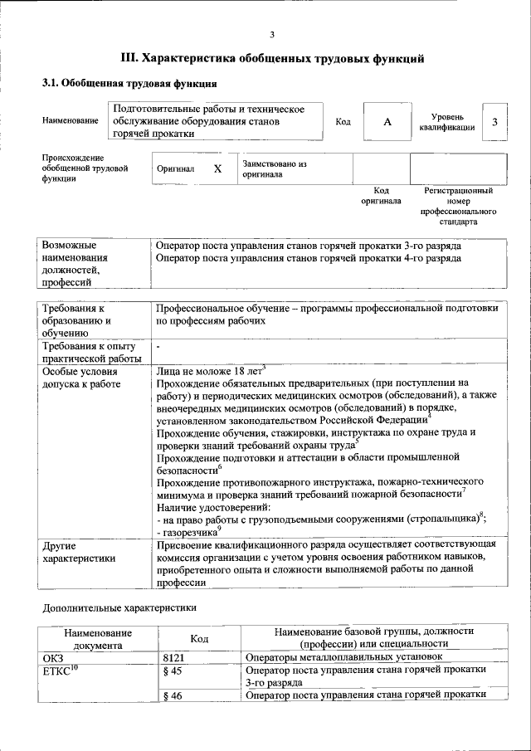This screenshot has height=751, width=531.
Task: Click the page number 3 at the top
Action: (271, 35)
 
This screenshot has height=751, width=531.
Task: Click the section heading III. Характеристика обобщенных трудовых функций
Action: (273, 59)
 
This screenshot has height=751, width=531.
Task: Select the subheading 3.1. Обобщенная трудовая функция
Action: (129, 84)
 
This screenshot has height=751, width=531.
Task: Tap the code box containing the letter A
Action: (387, 122)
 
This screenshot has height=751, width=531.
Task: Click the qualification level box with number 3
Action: (494, 122)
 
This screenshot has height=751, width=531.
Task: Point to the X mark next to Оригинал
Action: (217, 168)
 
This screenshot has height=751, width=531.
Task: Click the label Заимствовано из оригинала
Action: (274, 169)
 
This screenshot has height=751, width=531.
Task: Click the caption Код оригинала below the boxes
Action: (381, 196)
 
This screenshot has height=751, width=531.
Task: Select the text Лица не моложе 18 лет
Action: (210, 371)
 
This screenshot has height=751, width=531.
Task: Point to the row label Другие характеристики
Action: (79, 553)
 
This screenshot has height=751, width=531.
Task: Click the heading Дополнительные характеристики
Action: (119, 608)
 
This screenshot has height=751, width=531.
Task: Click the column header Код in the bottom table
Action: (198, 637)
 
